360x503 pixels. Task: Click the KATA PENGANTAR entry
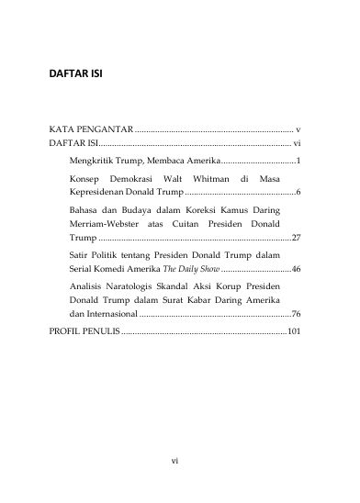[91, 131]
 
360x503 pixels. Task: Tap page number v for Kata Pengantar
[299, 131]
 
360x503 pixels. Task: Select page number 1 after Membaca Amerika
[299, 161]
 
